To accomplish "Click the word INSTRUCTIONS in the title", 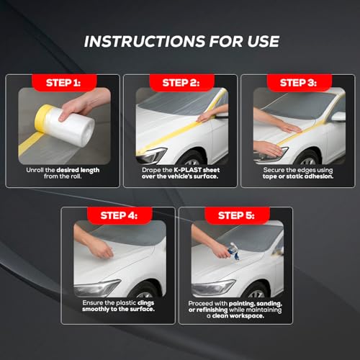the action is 145,41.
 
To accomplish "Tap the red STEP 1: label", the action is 64,83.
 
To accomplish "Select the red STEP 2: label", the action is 181,83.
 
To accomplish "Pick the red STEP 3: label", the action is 300,83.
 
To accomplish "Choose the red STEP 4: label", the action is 120,215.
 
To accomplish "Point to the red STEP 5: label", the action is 237,215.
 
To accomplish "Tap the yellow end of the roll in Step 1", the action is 41,117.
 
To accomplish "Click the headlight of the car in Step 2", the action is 151,156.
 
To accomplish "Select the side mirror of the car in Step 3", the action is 338,117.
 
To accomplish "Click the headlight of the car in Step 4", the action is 97,288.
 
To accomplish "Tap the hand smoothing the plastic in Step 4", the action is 101,250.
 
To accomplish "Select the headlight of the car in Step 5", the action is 213,288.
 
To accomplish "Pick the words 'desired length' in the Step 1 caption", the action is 78,170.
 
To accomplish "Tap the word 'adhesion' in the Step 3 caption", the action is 318,176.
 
